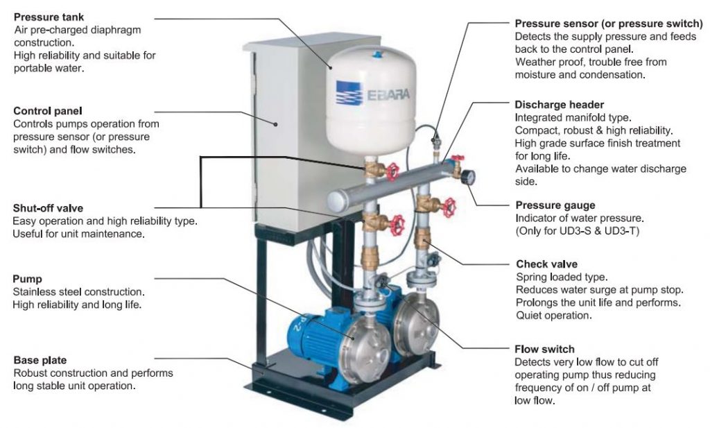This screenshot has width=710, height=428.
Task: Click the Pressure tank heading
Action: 47,17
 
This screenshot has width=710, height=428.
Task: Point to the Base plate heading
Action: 40,360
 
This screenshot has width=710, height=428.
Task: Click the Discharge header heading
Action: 554,105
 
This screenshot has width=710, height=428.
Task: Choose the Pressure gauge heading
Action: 555,205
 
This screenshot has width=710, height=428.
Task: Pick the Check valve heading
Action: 546,264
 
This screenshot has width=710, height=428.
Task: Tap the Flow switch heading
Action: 544,349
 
